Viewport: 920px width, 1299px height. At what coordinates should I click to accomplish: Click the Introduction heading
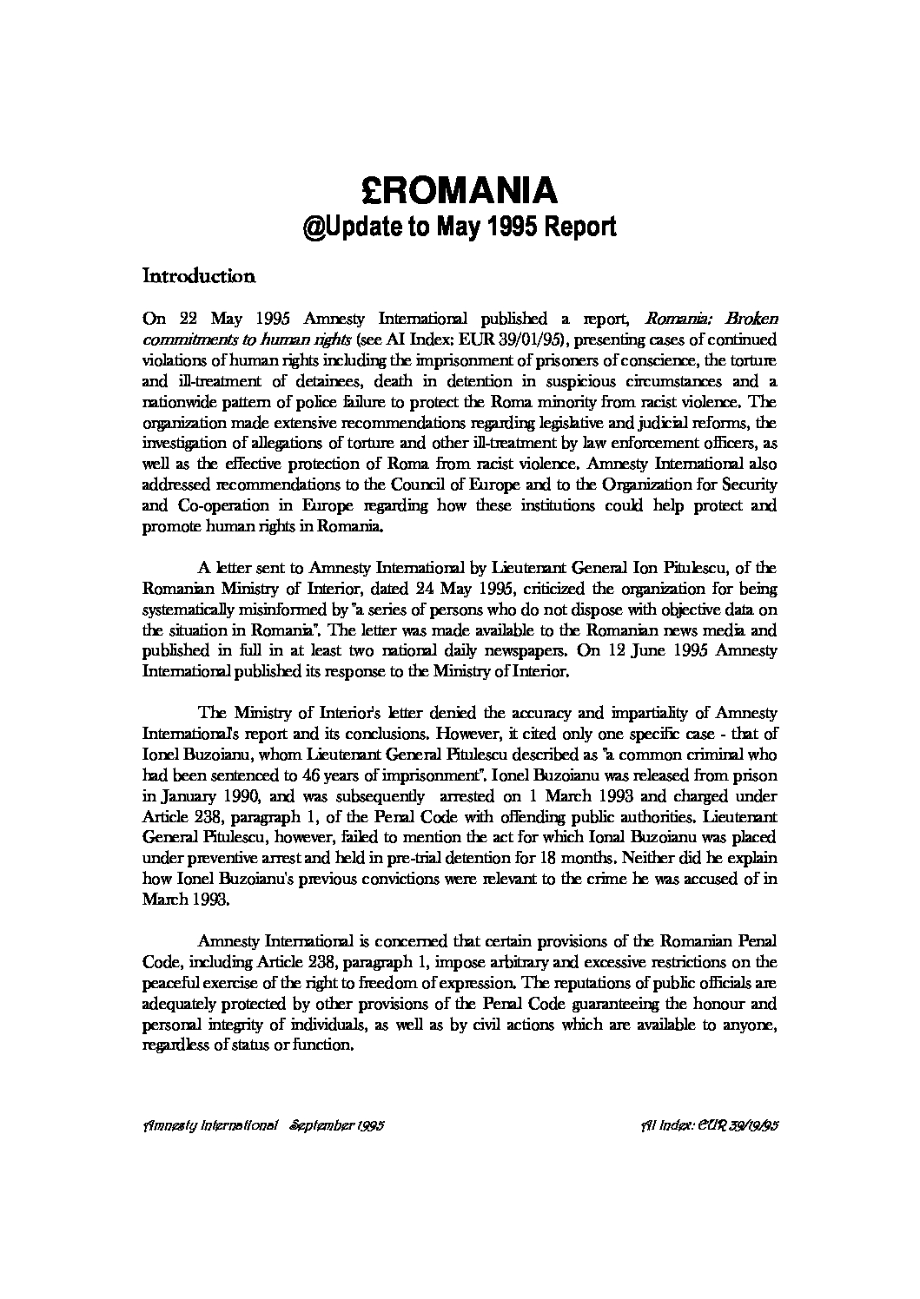coord(198,277)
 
